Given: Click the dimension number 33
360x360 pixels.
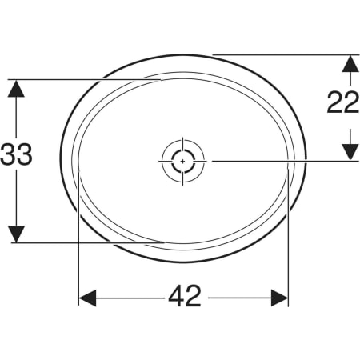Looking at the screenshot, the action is pyautogui.click(x=16, y=154).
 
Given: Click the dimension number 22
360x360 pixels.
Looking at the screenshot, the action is pyautogui.click(x=343, y=102).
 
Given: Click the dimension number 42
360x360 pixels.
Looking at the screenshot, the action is pyautogui.click(x=185, y=296).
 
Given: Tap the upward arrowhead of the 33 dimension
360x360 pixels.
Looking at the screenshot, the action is pyautogui.click(x=16, y=89).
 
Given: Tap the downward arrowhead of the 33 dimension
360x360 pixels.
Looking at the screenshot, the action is pyautogui.click(x=16, y=234).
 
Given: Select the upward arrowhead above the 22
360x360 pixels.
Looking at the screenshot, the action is pyautogui.click(x=350, y=63).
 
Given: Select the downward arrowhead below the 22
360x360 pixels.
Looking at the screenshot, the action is pyautogui.click(x=350, y=152).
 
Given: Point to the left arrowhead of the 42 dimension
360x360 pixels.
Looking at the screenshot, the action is pyautogui.click(x=87, y=298).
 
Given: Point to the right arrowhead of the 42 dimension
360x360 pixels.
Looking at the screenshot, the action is pyautogui.click(x=279, y=298).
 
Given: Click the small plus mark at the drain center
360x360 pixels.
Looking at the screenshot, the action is pyautogui.click(x=182, y=162).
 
